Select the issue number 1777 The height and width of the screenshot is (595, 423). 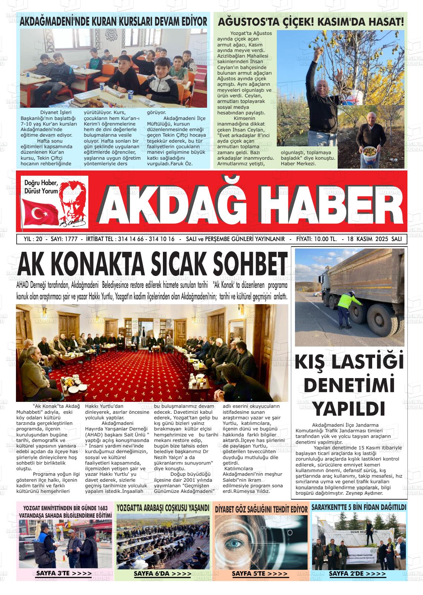[70, 239]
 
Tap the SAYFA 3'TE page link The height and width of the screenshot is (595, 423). [63, 573]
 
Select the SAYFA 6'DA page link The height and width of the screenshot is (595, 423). [163, 573]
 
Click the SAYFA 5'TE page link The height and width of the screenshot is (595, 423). [260, 573]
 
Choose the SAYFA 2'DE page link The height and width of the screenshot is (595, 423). [357, 573]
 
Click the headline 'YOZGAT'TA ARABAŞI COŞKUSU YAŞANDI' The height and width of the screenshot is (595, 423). [163, 508]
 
